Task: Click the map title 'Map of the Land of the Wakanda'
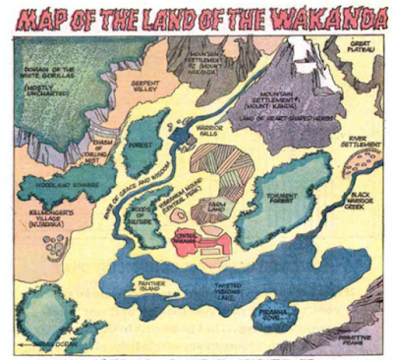196,17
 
